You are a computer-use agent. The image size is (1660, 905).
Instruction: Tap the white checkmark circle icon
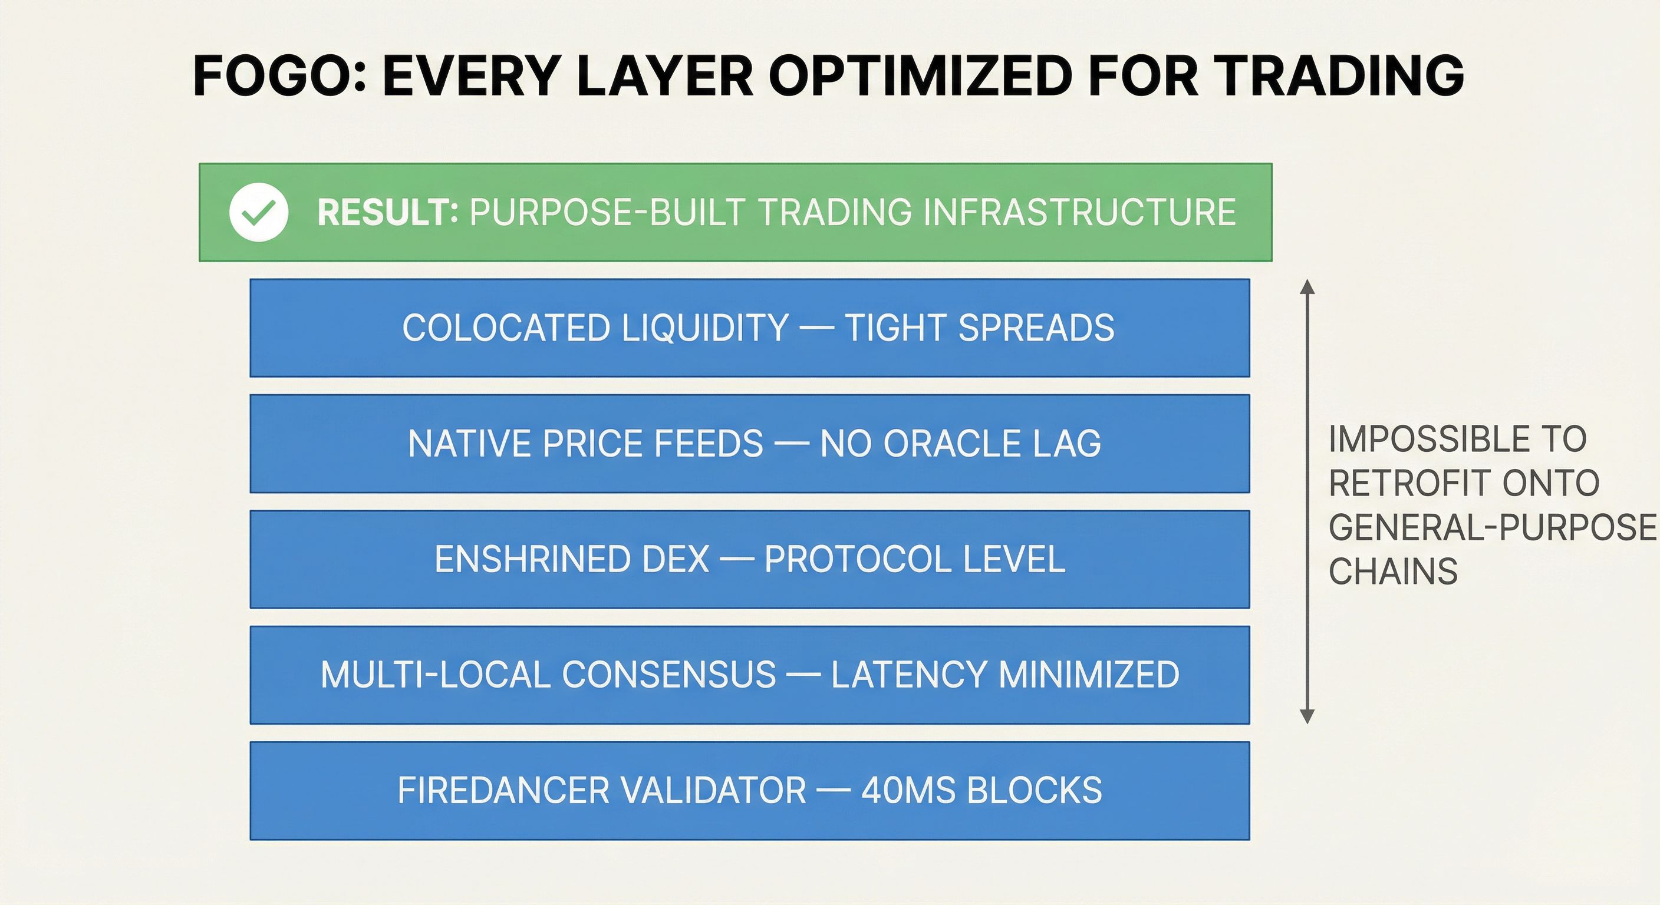coord(258,213)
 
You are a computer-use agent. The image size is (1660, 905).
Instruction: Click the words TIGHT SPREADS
coord(980,328)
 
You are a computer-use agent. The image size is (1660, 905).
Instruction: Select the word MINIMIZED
coord(1089,675)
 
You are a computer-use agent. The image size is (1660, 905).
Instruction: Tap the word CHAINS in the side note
coord(1393,572)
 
